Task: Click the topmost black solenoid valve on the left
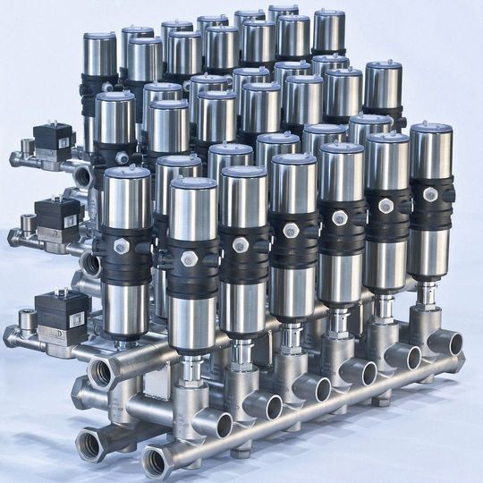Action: pyautogui.click(x=53, y=140)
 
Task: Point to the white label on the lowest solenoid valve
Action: pyautogui.click(x=75, y=318)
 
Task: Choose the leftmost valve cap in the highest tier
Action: pyautogui.click(x=100, y=39)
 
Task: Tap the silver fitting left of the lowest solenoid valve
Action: pyautogui.click(x=18, y=335)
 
